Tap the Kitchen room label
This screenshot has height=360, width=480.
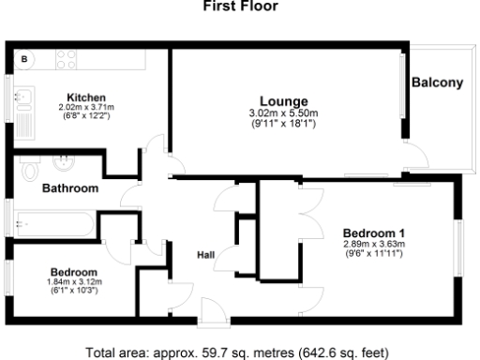(x=85, y=97)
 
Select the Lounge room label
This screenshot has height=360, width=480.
(x=285, y=101)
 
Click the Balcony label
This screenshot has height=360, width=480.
(x=437, y=82)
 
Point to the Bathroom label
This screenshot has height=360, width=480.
(x=70, y=188)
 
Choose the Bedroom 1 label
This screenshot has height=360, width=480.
(x=373, y=232)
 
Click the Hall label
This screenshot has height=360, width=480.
(x=207, y=255)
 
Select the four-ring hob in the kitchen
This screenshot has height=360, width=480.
(x=66, y=60)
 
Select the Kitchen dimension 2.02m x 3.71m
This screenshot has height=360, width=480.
(x=85, y=108)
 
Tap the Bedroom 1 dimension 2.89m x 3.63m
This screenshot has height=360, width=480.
(x=373, y=245)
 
